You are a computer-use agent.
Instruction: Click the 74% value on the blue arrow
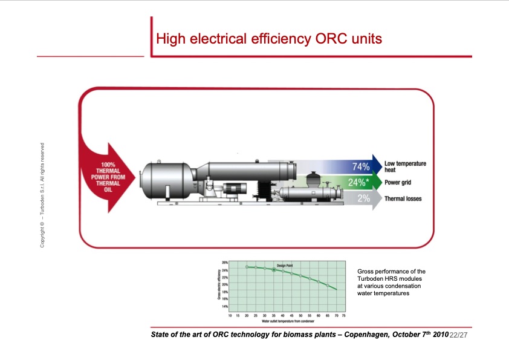click(361, 166)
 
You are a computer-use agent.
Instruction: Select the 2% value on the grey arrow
click(363, 198)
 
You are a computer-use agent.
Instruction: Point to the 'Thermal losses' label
click(403, 198)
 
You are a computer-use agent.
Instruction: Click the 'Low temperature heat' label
click(405, 166)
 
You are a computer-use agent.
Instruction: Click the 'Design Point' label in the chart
click(285, 266)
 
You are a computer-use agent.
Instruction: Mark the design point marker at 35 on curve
click(274, 270)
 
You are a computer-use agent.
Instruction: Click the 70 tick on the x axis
click(336, 315)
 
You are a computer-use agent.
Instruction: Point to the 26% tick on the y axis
click(224, 263)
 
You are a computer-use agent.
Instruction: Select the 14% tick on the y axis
click(224, 306)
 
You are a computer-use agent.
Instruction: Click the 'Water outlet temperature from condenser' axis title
click(283, 321)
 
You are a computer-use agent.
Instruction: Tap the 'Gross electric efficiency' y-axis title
click(218, 284)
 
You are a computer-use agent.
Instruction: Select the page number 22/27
click(459, 335)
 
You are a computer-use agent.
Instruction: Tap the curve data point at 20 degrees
click(247, 267)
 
